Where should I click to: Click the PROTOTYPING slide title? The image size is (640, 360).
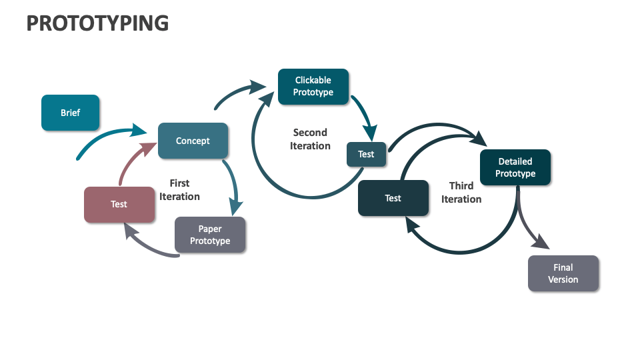[x=97, y=23]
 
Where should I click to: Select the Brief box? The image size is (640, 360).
[x=70, y=113]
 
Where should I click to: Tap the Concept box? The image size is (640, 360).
[x=193, y=141]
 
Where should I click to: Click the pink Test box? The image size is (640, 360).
[x=119, y=204]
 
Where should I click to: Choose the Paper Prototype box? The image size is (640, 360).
[x=210, y=235]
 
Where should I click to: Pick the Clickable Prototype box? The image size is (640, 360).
[x=313, y=86]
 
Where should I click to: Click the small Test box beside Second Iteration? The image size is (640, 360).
[x=366, y=154]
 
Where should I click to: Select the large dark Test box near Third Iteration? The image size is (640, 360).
[x=393, y=198]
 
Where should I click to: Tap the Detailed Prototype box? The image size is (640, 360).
[x=515, y=167]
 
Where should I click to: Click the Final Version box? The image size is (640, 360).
[x=563, y=273]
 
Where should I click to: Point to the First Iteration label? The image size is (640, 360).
[x=179, y=190]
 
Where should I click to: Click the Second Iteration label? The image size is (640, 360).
[x=310, y=139]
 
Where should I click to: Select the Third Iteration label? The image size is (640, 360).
[x=461, y=193]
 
